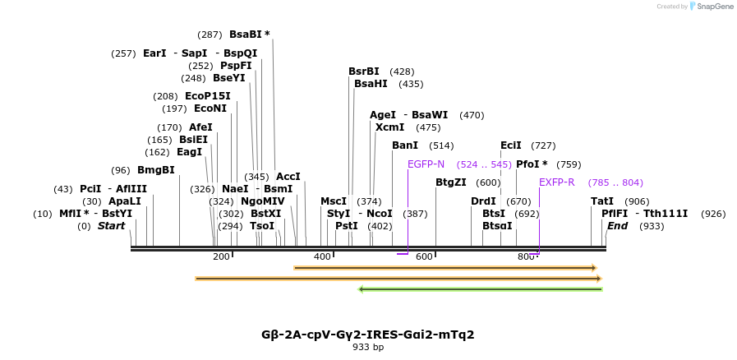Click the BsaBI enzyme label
[249, 35]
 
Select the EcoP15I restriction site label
[207, 96]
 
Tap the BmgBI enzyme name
[155, 170]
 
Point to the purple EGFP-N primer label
[426, 164]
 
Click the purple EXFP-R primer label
[557, 182]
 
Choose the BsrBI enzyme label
[364, 72]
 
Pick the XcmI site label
[389, 127]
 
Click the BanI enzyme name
[405, 145]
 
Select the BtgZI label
[450, 182]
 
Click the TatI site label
[601, 201]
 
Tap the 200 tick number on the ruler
[221, 257]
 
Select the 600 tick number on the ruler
[424, 257]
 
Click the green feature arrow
[481, 289]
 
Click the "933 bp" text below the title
[368, 347]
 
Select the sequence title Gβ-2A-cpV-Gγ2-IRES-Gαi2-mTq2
[367, 335]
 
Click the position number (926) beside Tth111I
[713, 214]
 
